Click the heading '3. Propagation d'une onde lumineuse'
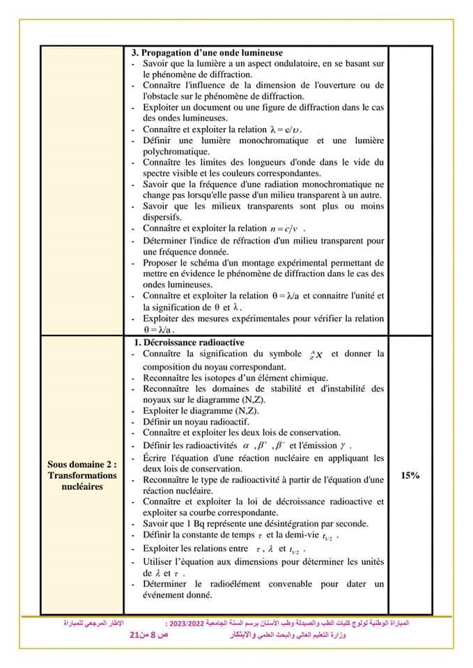[x=207, y=53]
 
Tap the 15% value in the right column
[x=410, y=475]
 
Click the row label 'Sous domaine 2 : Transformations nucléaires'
[x=82, y=475]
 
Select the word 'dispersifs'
[x=162, y=216]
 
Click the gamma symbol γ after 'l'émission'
[x=342, y=445]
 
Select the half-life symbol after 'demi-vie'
[x=331, y=536]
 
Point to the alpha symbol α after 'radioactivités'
[x=245, y=445]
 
